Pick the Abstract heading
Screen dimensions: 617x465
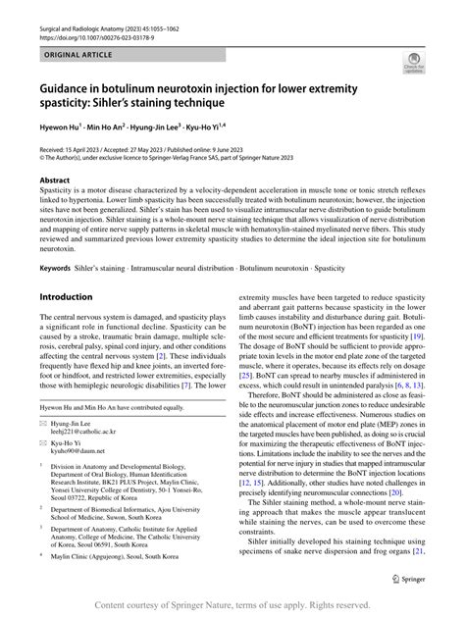click(55, 181)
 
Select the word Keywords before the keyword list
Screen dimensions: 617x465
click(59, 268)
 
